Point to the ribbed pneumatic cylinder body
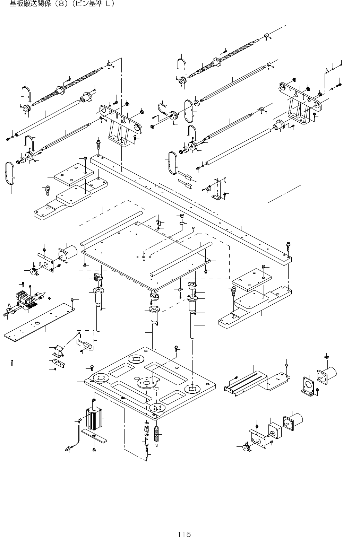pos(94,419)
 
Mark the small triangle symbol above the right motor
pos(326,357)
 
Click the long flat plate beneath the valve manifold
pos(39,322)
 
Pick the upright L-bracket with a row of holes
pos(218,190)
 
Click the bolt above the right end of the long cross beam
pos(288,246)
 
